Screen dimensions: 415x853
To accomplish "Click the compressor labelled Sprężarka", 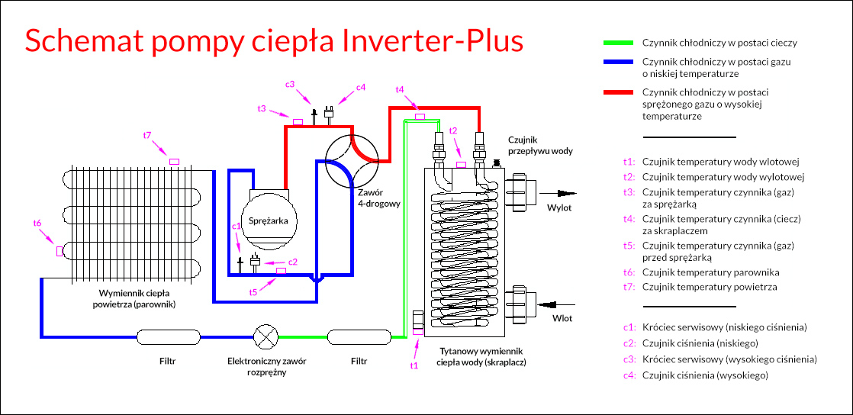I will [x=268, y=220].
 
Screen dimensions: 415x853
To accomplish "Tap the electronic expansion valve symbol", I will [x=266, y=336].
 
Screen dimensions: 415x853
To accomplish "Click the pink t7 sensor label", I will [x=147, y=135].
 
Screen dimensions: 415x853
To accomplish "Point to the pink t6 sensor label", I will [x=37, y=223].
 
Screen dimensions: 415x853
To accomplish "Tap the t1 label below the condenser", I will [x=414, y=365].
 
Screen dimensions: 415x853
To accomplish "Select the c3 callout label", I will [x=290, y=84].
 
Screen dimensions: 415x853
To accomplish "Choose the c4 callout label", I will [x=361, y=87].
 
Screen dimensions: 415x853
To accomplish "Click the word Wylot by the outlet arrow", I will [x=558, y=207].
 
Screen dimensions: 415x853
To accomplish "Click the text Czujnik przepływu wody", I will [x=540, y=145].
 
